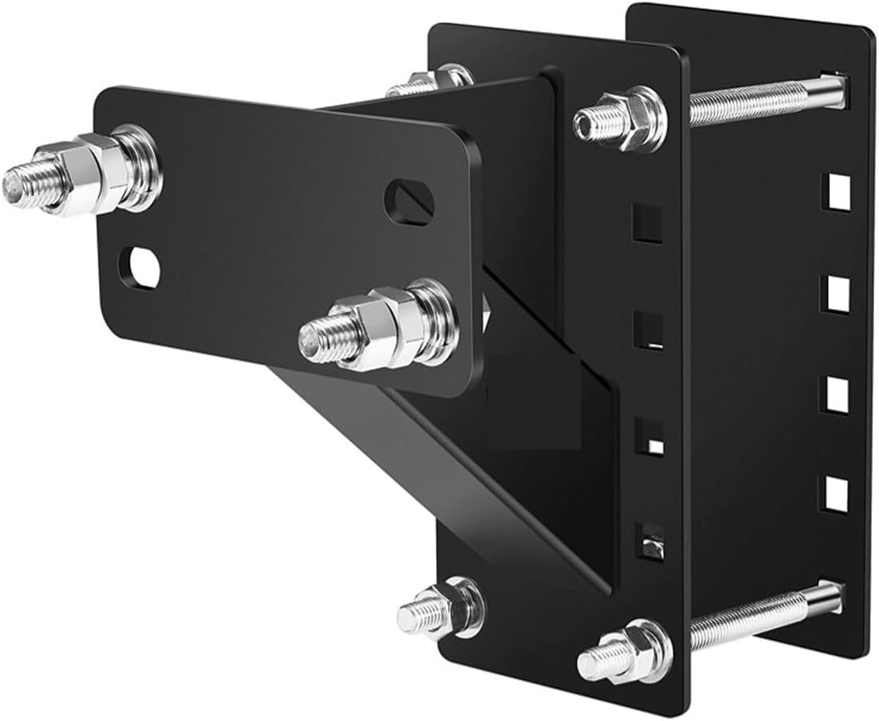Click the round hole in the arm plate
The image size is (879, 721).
(140, 268)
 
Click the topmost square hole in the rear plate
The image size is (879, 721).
(837, 192)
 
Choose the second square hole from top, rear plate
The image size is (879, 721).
(837, 294)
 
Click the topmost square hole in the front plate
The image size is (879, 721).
(647, 223)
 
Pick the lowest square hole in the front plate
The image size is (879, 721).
(649, 541)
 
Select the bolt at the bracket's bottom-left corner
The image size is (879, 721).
(438, 610)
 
